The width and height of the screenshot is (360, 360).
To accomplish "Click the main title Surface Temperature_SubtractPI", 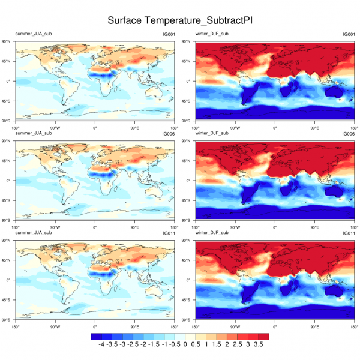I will [x=180, y=20].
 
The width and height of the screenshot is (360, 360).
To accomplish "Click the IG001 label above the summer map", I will [x=169, y=34].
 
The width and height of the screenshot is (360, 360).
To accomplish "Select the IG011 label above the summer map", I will [x=169, y=233].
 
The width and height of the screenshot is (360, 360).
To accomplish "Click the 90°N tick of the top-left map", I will [x=9, y=41].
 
